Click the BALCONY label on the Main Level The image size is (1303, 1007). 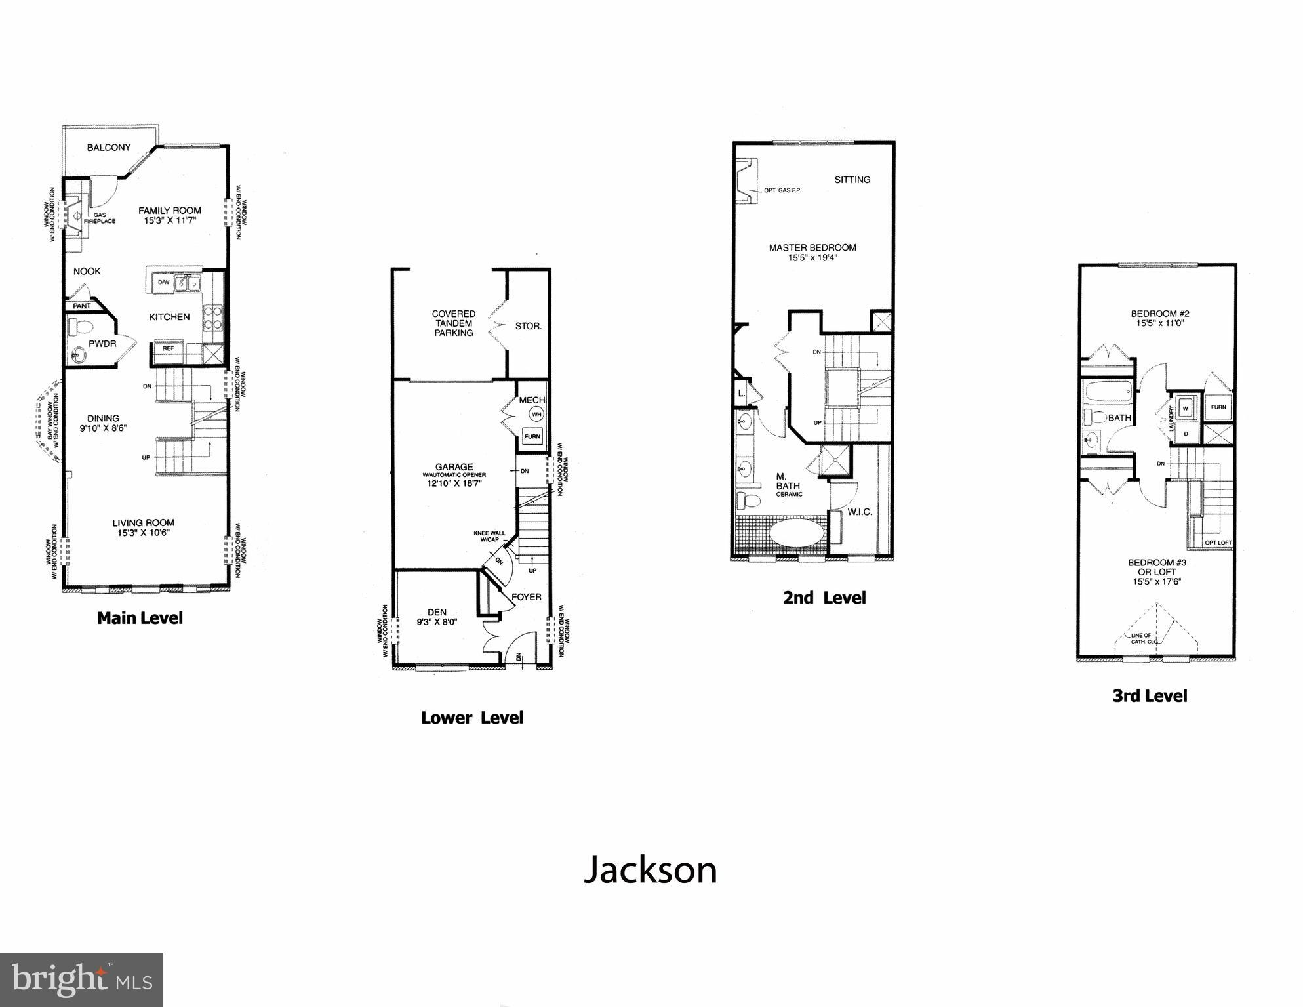coord(109,148)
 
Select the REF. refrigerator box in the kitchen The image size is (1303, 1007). coord(169,349)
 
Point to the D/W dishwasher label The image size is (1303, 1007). coord(163,282)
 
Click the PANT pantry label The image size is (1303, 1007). coord(82,306)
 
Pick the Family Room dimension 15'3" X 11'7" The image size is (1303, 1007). coord(170,221)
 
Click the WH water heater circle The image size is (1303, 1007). coord(536,414)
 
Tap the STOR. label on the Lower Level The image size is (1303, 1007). coord(528,326)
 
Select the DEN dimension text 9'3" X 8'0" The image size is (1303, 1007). coord(437,622)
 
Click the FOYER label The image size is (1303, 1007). coord(527,597)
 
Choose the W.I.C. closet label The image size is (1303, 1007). coord(860,512)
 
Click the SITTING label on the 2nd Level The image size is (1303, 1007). coord(852,180)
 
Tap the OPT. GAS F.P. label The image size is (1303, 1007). coord(782,190)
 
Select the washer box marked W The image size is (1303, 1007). coord(1185,408)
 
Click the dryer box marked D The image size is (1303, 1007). coord(1185,433)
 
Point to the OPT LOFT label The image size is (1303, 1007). coord(1218,543)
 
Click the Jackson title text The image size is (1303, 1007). coord(651,871)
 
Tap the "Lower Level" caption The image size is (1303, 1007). coord(472,718)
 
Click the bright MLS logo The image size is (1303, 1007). coord(81,980)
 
